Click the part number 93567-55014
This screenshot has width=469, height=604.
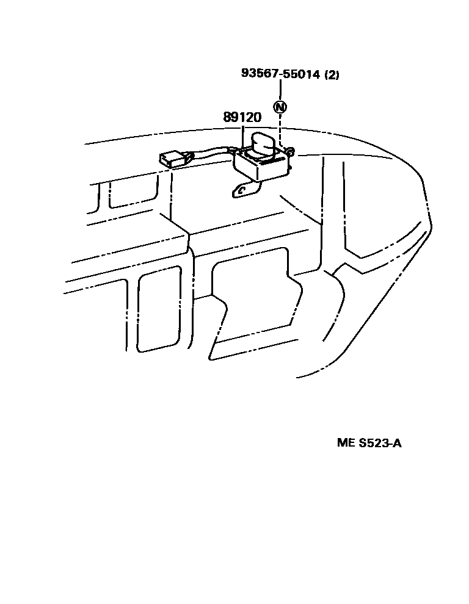tap(281, 74)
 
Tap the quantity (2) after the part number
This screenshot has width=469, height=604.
tap(332, 75)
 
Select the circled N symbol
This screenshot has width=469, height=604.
tap(280, 107)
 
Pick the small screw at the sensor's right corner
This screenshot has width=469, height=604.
tap(291, 151)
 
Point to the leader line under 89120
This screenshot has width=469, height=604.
tap(243, 134)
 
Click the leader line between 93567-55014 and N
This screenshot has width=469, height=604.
tap(280, 90)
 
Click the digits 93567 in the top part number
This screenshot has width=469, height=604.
tap(258, 74)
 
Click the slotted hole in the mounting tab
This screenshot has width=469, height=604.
tap(242, 191)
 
